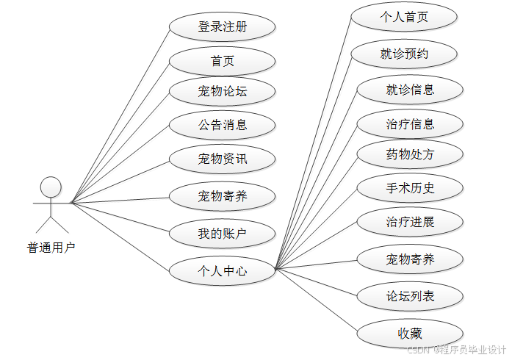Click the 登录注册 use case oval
coord(222,28)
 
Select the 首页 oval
coord(222,60)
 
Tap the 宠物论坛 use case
coord(222,92)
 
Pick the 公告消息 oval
coord(222,125)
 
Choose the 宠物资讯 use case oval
coord(222,158)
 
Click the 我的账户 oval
coord(222,235)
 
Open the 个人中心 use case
coord(222,271)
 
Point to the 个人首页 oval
coord(404,17)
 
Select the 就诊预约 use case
coord(404,54)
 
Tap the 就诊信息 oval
coord(410,90)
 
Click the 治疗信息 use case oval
coord(410,124)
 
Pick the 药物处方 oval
coord(410,155)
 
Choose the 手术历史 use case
coord(410,188)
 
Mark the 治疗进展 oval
coord(410,222)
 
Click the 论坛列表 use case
coord(410,297)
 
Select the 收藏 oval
coord(410,333)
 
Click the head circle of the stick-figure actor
coord(51,187)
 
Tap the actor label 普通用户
coord(51,247)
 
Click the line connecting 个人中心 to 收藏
coord(316,301)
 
